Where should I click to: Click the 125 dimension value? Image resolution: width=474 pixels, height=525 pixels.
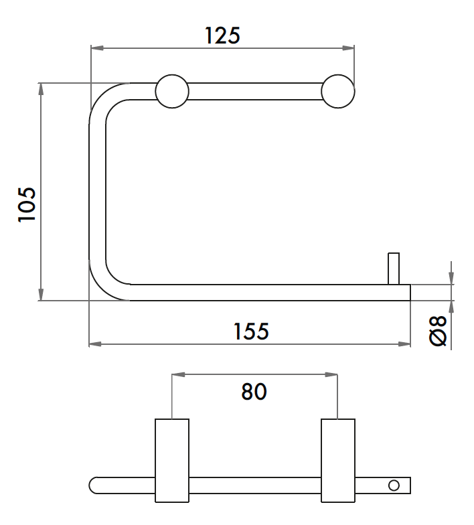tap(222, 35)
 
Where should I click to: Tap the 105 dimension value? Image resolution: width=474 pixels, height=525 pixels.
tap(27, 204)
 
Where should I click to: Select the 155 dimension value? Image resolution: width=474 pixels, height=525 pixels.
tap(251, 331)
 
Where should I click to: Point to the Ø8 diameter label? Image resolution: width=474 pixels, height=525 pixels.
tap(438, 331)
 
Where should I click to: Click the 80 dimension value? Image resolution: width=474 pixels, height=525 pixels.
tap(254, 391)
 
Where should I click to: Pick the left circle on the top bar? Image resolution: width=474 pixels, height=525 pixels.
tap(172, 91)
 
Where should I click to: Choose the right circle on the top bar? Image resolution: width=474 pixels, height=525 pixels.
tap(337, 91)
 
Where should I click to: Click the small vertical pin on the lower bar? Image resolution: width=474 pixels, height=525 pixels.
tap(394, 269)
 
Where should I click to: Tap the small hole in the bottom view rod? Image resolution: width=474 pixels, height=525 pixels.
tap(394, 485)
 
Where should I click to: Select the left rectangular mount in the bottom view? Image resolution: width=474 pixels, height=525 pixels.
tap(172, 461)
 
